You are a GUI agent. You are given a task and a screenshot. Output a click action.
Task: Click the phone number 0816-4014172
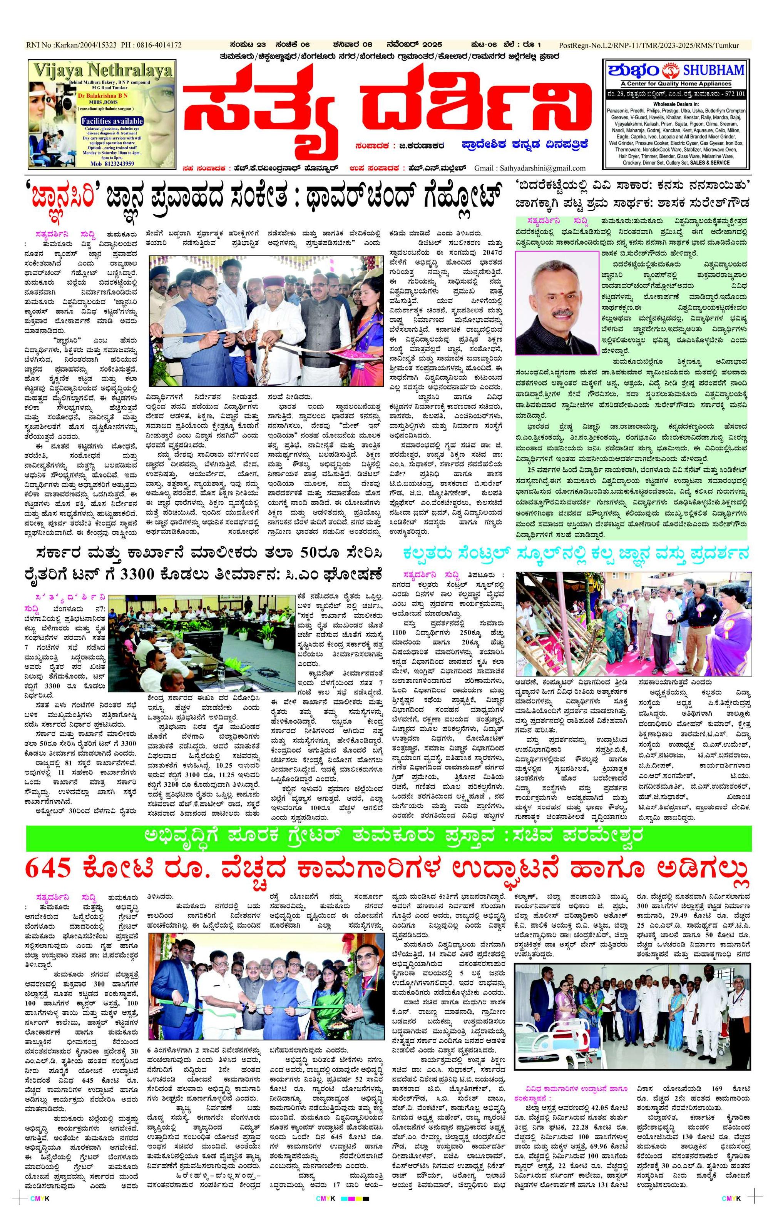156,45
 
